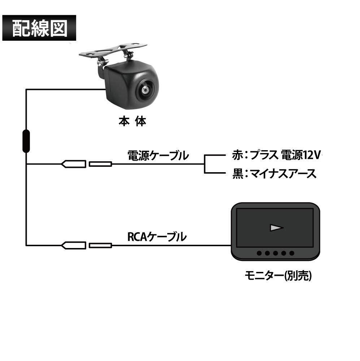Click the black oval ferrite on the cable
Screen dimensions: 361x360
[26, 141]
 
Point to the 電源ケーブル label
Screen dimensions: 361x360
[158, 156]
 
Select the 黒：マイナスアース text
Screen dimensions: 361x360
[274, 174]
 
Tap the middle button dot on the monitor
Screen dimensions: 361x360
[275, 253]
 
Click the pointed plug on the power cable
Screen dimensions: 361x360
[74, 164]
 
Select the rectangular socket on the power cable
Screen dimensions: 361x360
[100, 164]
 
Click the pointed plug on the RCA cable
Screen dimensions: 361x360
[74, 245]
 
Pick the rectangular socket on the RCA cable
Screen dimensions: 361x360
[100, 245]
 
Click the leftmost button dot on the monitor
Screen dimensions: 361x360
[259, 253]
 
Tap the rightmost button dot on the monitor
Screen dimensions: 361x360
[291, 253]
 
